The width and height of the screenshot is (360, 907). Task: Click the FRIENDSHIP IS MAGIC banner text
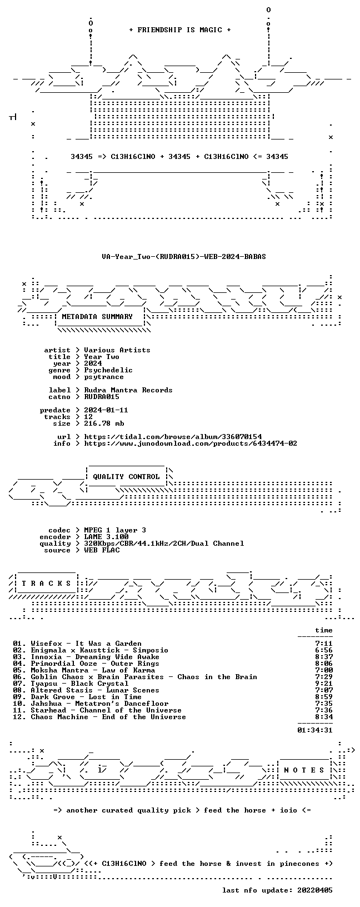click(x=180, y=30)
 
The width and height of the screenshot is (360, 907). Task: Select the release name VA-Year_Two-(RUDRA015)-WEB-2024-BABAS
click(x=184, y=256)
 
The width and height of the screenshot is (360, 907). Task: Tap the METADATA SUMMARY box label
click(x=97, y=317)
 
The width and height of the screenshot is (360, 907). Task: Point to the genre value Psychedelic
click(x=108, y=370)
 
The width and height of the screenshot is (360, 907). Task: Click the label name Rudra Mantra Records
click(x=128, y=390)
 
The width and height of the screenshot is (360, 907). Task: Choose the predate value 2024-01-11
click(x=106, y=410)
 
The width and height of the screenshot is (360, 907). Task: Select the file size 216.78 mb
click(x=104, y=423)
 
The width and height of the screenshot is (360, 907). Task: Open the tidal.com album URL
click(x=173, y=436)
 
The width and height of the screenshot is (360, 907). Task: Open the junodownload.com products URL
click(x=191, y=443)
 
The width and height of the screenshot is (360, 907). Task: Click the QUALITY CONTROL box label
click(x=126, y=477)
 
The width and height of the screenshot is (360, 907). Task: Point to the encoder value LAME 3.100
click(x=106, y=536)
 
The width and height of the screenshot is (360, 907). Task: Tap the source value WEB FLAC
click(x=102, y=550)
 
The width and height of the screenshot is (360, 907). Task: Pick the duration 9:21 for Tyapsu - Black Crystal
click(x=323, y=684)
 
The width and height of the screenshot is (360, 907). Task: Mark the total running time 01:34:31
click(x=314, y=730)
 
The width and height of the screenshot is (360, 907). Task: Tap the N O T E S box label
click(x=304, y=770)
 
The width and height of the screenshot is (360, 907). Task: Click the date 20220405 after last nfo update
click(x=314, y=890)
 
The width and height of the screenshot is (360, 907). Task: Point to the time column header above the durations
click(x=323, y=630)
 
